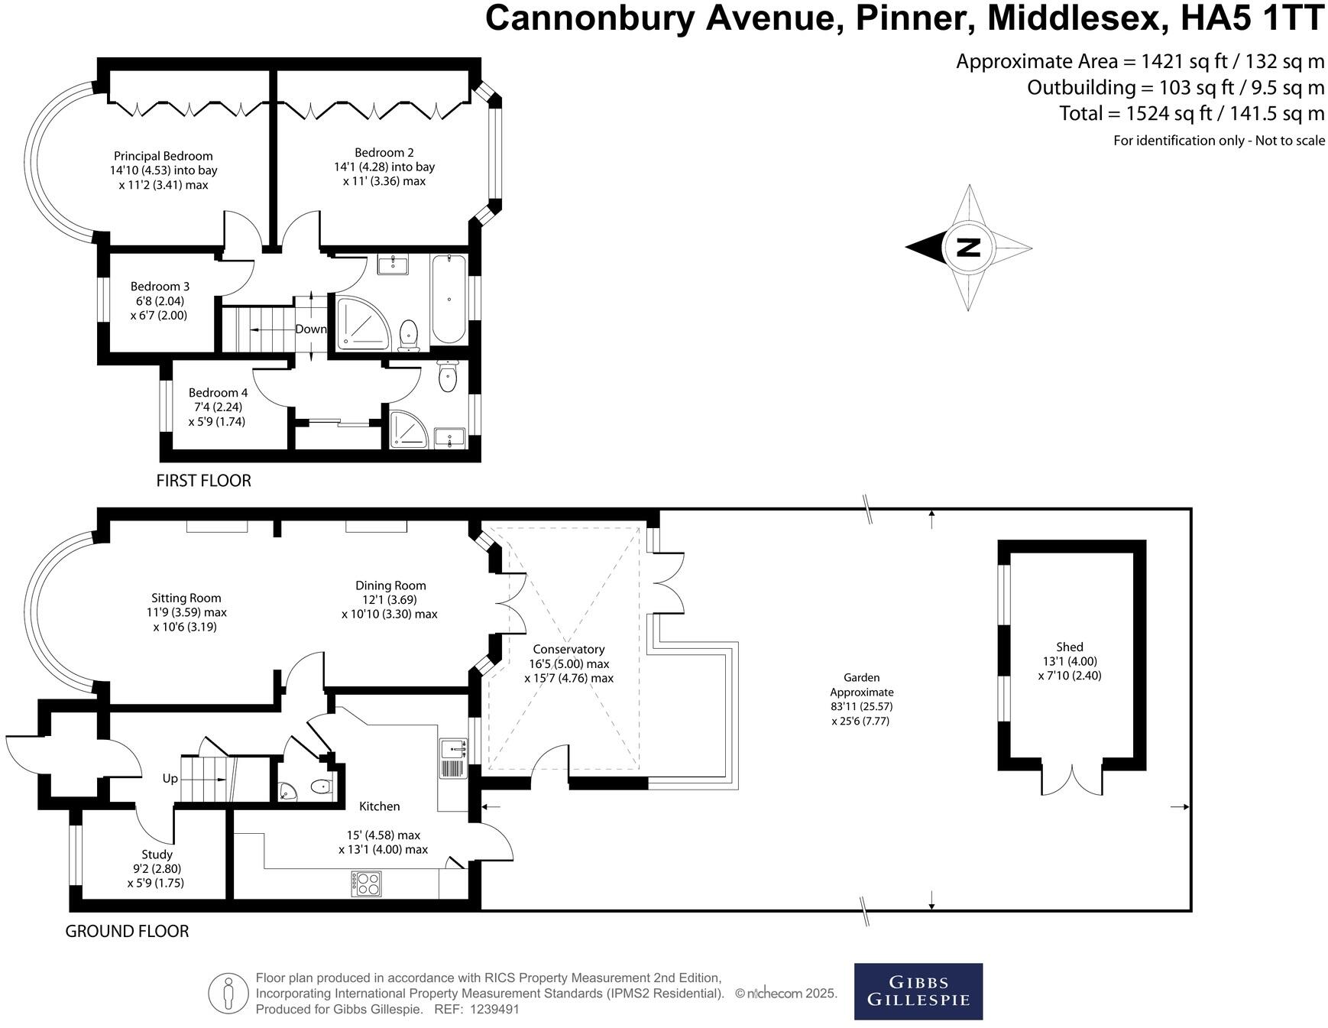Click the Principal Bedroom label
pyautogui.click(x=163, y=156)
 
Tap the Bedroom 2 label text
pyautogui.click(x=384, y=152)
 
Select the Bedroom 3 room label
pyautogui.click(x=160, y=287)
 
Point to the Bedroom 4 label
pyautogui.click(x=218, y=393)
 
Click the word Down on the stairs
pyautogui.click(x=311, y=329)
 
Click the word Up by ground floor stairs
pyautogui.click(x=170, y=779)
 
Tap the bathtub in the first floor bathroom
pyautogui.click(x=449, y=300)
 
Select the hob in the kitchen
pyautogui.click(x=366, y=884)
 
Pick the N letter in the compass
pyautogui.click(x=968, y=248)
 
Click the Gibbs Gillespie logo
pyautogui.click(x=918, y=991)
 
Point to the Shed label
pyautogui.click(x=1070, y=647)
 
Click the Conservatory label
pyautogui.click(x=568, y=650)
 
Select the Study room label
pyautogui.click(x=157, y=855)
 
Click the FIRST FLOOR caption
pyautogui.click(x=203, y=481)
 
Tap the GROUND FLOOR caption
pyautogui.click(x=127, y=931)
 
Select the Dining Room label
pyautogui.click(x=390, y=585)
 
